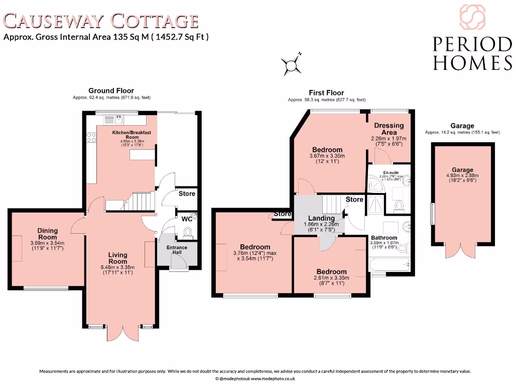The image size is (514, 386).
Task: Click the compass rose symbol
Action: coord(292,64)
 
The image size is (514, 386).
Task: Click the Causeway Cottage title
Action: coord(101,21)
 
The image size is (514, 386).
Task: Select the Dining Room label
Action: coord(48,234)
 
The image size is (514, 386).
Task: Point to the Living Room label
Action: coord(118,258)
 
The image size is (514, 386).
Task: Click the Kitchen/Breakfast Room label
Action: coord(132,135)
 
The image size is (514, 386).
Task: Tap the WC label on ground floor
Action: coord(186,219)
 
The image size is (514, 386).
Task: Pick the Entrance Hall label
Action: coord(177,249)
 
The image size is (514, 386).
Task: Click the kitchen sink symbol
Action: coord(118,120)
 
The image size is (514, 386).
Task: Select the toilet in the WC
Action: coord(188,232)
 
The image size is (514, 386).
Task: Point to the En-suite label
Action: coord(391,172)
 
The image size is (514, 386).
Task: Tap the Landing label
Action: coord(321,218)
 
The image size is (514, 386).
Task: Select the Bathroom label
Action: coord(384,238)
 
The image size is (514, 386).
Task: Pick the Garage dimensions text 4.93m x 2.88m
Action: coord(462,176)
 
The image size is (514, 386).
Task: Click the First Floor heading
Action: coord(326,92)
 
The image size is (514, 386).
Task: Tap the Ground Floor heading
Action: coord(111,90)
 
